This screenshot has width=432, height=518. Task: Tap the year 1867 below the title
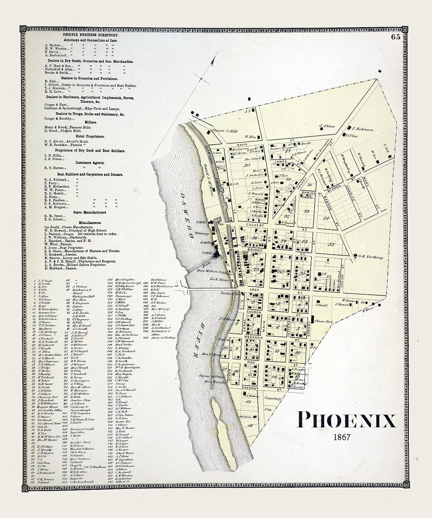[342, 437]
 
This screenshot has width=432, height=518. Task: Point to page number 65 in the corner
[396, 37]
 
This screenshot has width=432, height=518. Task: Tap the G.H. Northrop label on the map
[371, 257]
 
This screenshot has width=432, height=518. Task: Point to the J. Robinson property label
[362, 129]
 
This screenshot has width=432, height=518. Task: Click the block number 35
[331, 245]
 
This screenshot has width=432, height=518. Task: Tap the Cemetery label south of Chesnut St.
[273, 398]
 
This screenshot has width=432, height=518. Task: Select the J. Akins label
[327, 126]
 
